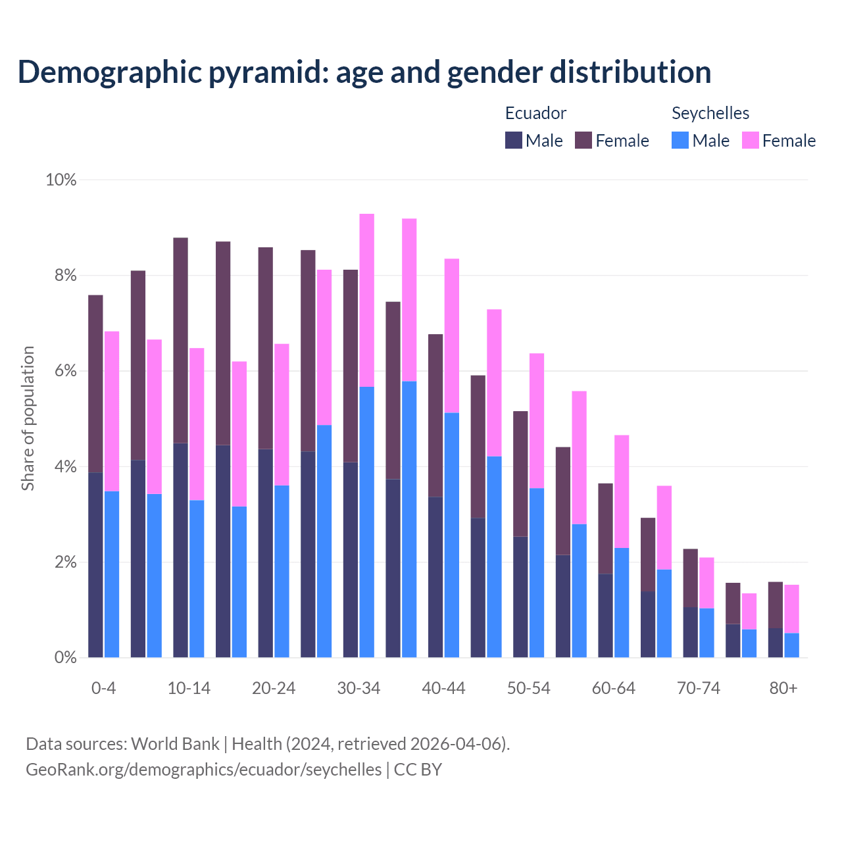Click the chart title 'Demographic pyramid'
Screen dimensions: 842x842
tap(364, 72)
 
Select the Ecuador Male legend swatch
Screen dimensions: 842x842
tap(514, 140)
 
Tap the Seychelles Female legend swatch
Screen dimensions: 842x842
tap(751, 140)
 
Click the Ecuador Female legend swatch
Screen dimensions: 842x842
tap(583, 140)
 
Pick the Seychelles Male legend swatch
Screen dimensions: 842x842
tap(680, 140)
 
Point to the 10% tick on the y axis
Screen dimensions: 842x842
tap(61, 180)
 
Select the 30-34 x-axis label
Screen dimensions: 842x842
tap(359, 688)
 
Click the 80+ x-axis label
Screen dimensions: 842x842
tap(783, 688)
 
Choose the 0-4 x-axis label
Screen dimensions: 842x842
tap(103, 688)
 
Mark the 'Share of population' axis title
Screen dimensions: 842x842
tap(28, 418)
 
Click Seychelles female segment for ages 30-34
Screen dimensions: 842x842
tap(366, 300)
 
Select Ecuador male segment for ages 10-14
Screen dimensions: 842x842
tap(180, 550)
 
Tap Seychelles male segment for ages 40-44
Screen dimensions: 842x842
tap(452, 535)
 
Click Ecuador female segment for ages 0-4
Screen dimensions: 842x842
tap(95, 384)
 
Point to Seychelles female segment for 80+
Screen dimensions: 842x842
tap(791, 608)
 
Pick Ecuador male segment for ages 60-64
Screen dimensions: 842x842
tap(605, 615)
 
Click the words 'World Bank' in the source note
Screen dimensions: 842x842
tap(175, 744)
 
